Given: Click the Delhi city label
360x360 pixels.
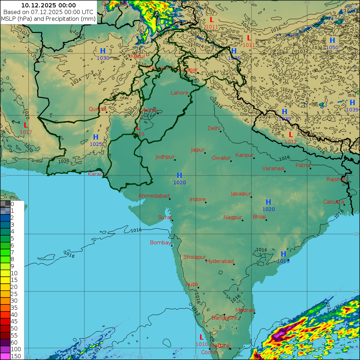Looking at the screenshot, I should pyautogui.click(x=214, y=128).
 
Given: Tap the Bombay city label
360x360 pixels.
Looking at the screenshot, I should pyautogui.click(x=160, y=243).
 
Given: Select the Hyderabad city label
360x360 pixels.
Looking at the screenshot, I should pyautogui.click(x=220, y=261).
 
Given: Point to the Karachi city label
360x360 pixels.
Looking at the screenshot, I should pyautogui.click(x=97, y=174).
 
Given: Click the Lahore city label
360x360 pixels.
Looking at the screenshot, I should pyautogui.click(x=179, y=93).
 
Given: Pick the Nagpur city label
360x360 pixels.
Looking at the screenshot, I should pyautogui.click(x=233, y=217).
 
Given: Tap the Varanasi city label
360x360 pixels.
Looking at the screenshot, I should pyautogui.click(x=273, y=168).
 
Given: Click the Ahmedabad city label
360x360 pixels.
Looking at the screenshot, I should pyautogui.click(x=154, y=196).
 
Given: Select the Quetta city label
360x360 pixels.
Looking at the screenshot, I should pyautogui.click(x=97, y=109).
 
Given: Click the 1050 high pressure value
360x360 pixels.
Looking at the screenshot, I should pyautogui.click(x=332, y=47).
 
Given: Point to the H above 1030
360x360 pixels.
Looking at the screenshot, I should pyautogui.click(x=103, y=51).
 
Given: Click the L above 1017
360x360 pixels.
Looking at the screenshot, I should pyautogui.click(x=26, y=125).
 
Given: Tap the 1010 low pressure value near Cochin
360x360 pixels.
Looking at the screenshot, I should pyautogui.click(x=202, y=344).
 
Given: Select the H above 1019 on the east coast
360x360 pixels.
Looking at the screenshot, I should pyautogui.click(x=283, y=254).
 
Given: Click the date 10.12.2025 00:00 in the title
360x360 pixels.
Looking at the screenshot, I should pyautogui.click(x=49, y=5).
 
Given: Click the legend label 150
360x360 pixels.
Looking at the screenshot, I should pyautogui.click(x=16, y=356).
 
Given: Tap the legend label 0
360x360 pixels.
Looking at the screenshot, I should pyautogui.click(x=12, y=204).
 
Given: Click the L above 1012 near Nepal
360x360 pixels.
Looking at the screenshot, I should pyautogui.click(x=291, y=134).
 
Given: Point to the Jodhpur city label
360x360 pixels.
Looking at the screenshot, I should pyautogui.click(x=165, y=157).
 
